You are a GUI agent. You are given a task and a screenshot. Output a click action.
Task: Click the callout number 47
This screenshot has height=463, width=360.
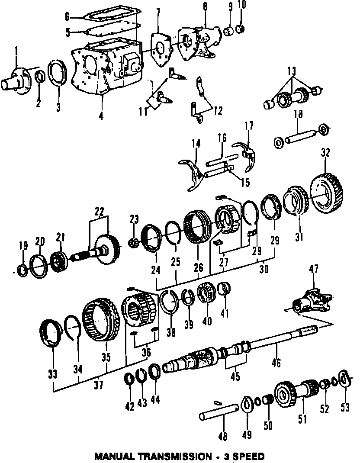tap(313, 270)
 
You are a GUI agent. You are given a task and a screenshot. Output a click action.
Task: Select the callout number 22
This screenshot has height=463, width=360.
tap(100, 212)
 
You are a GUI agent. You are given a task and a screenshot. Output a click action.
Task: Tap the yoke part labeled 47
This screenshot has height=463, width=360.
tap(312, 299)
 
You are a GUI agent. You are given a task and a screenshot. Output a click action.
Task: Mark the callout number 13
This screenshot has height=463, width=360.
tap(291, 71)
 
